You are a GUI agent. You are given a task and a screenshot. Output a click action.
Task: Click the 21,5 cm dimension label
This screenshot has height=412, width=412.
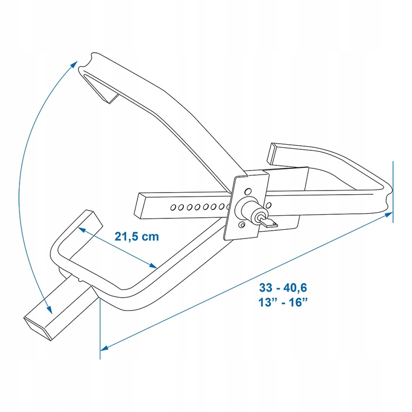coord(136,236)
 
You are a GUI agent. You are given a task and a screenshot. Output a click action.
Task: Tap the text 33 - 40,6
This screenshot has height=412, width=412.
coord(283,287)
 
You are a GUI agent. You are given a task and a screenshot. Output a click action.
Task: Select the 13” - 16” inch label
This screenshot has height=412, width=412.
coord(283,302)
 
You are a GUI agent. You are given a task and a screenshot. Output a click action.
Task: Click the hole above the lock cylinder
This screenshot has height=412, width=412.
coord(248,191)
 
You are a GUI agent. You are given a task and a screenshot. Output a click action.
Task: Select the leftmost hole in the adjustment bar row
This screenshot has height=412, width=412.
coord(173,208)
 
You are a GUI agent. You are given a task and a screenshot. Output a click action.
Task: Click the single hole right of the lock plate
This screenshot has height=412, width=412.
coord(268,205)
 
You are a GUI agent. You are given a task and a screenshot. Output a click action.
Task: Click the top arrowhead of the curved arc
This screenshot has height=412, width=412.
coord(74,64)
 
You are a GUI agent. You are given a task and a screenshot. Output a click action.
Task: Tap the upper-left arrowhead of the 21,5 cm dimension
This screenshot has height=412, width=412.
coord(82,230)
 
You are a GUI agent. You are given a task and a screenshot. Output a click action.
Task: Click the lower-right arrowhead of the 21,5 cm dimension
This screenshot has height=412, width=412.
coord(152,266)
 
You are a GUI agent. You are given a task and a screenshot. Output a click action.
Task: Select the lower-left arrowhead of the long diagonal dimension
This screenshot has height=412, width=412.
coord(105,348)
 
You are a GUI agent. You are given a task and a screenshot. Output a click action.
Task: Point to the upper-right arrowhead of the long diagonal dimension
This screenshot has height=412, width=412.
coord(389,215)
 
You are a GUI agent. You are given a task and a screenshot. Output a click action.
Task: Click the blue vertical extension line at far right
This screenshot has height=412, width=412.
coord(393,192)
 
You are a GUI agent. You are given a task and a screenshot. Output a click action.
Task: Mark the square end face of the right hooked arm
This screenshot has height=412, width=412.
coord(271,153)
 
